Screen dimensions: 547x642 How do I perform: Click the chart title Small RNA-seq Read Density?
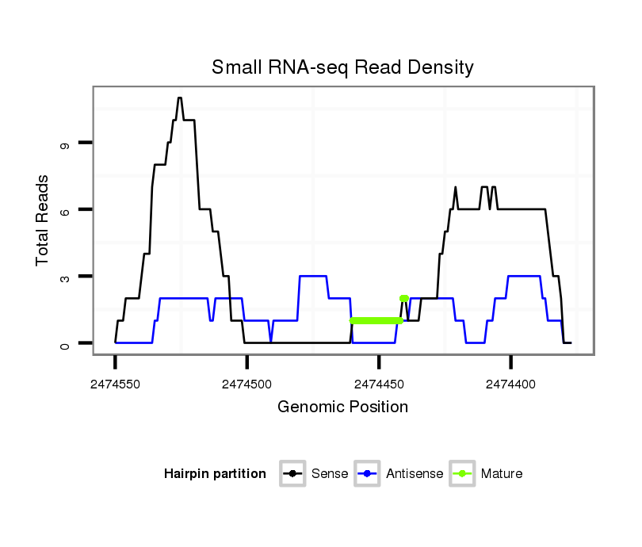point(342,67)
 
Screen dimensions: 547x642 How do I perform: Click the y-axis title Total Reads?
point(42,220)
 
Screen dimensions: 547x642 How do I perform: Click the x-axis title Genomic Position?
point(342,407)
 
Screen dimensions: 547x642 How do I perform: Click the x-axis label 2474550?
point(116,384)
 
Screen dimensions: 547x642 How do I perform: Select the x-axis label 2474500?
point(247,384)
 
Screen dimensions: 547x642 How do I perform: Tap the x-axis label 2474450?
point(379,384)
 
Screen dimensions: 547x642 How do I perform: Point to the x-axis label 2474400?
point(510,384)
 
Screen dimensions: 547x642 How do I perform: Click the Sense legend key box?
point(292,474)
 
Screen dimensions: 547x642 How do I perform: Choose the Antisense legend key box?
point(368,474)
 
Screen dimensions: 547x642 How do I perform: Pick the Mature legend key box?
point(462,474)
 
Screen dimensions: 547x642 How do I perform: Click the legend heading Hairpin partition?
point(215,474)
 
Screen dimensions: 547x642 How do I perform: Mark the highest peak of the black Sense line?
point(180,98)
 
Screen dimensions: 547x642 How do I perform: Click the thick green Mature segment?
point(376,320)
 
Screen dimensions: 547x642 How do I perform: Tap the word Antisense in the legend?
point(415,474)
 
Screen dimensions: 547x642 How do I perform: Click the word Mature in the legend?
point(502,474)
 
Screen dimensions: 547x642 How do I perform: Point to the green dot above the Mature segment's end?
point(403,298)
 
